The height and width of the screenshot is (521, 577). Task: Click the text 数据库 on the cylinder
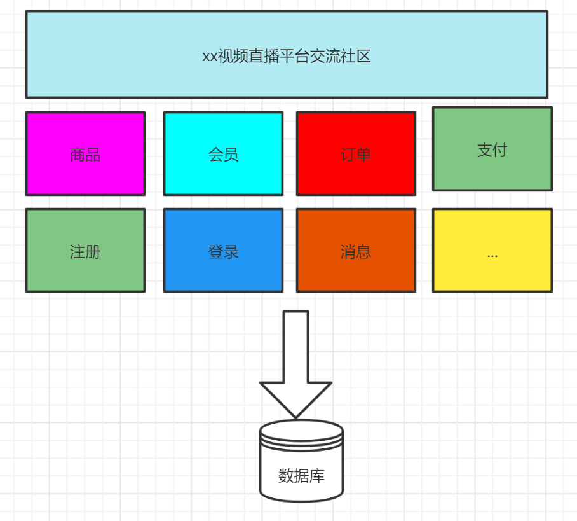click(x=301, y=476)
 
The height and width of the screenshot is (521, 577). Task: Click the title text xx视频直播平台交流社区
click(x=287, y=57)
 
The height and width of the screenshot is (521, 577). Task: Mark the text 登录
click(x=223, y=252)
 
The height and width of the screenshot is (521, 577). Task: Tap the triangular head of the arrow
click(x=295, y=397)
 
